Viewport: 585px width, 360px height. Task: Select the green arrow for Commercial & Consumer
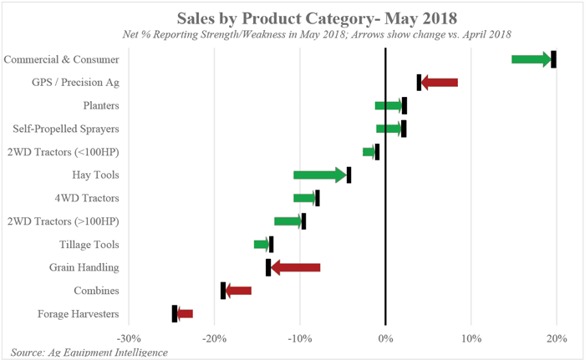[x=531, y=59]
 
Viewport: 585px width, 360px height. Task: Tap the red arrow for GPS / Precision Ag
[x=440, y=82]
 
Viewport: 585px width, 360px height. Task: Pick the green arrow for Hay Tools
[x=319, y=175]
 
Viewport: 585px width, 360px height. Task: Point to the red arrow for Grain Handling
[x=296, y=267]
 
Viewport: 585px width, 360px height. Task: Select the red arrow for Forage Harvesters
[x=185, y=314]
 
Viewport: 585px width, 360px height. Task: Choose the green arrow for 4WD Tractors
[x=304, y=198]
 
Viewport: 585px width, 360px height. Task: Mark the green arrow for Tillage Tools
[x=262, y=244]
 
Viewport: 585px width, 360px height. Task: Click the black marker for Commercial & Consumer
[x=553, y=59]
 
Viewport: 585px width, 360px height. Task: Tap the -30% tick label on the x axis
[x=129, y=339]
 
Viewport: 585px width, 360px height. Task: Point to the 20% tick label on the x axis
[x=557, y=339]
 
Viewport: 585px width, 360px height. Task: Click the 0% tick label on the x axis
[x=385, y=339]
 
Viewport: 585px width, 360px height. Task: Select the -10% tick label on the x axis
[x=299, y=339]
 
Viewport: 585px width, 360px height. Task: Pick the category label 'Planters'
[x=101, y=106]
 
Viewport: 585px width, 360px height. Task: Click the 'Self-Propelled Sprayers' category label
[x=66, y=129]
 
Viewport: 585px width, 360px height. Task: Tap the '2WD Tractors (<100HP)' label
[x=63, y=152]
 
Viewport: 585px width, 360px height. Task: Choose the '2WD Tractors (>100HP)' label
[x=63, y=221]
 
